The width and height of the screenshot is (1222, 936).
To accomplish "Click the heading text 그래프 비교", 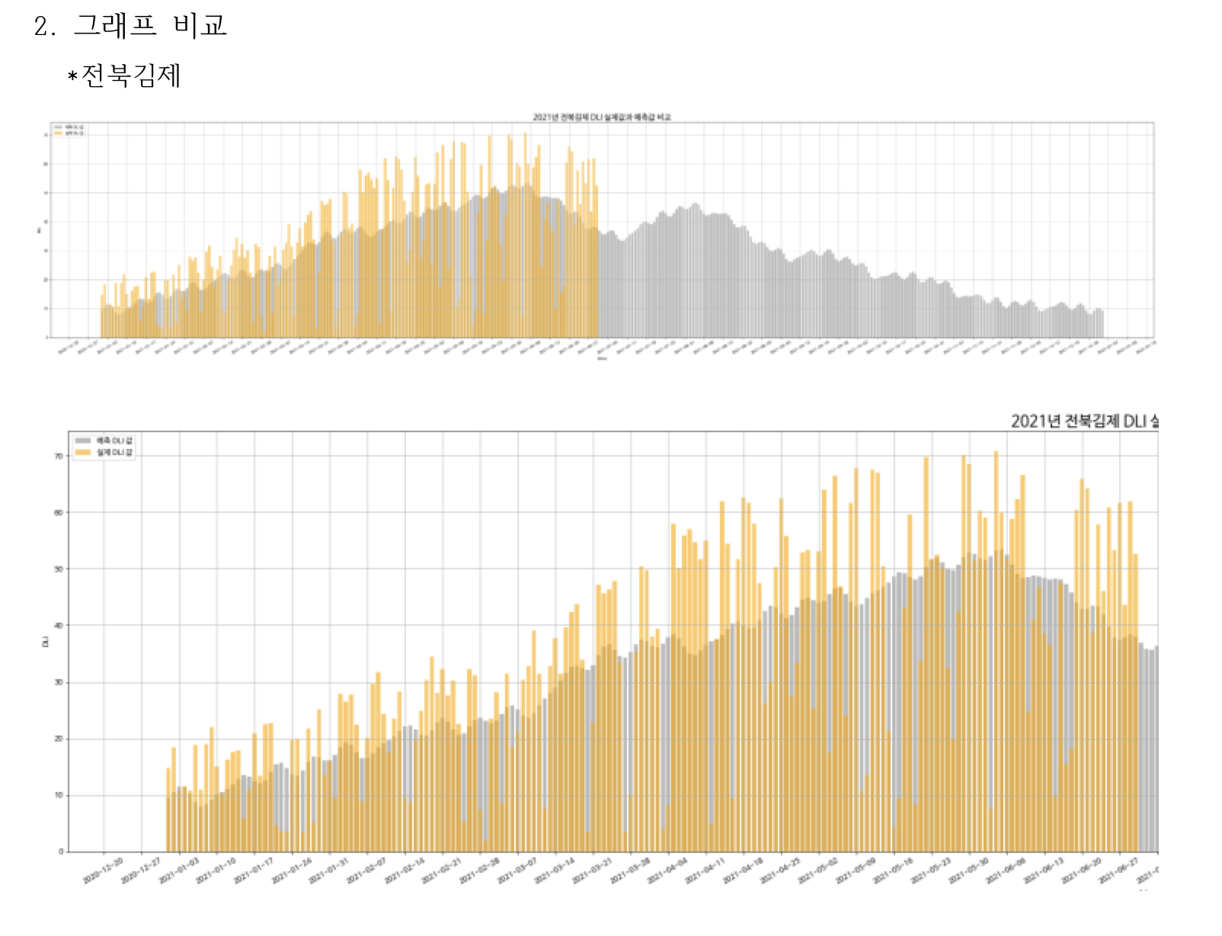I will (x=149, y=26).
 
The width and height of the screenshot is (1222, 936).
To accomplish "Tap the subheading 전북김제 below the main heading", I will (x=130, y=75).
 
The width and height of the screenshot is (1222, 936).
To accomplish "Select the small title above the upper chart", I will (x=601, y=117).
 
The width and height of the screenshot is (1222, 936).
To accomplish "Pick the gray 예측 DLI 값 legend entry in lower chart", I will (x=104, y=441).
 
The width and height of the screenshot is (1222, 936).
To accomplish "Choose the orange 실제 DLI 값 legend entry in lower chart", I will (x=104, y=453).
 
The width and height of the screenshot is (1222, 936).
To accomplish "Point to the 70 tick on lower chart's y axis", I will (x=59, y=457).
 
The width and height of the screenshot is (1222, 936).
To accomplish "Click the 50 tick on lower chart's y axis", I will (x=59, y=569).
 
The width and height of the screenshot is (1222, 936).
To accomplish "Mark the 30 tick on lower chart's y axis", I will (x=59, y=682).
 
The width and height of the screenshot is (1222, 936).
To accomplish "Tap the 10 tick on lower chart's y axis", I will (x=59, y=795).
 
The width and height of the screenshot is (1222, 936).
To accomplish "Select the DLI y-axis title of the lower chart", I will (x=45, y=643).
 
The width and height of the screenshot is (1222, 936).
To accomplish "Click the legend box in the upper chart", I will (x=69, y=130).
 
